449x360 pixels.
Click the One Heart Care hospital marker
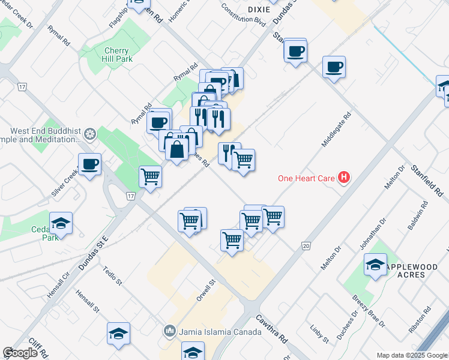(344, 178)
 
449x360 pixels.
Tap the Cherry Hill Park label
(116, 56)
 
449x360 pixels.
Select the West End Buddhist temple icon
(90, 133)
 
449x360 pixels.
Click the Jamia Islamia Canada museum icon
(170, 331)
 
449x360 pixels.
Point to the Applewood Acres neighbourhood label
(406, 271)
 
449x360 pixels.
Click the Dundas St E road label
(91, 252)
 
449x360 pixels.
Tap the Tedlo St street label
(112, 276)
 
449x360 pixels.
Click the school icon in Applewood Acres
(375, 265)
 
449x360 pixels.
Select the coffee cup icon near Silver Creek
(90, 164)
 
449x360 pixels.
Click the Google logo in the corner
(20, 353)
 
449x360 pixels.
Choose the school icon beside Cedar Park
(61, 224)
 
